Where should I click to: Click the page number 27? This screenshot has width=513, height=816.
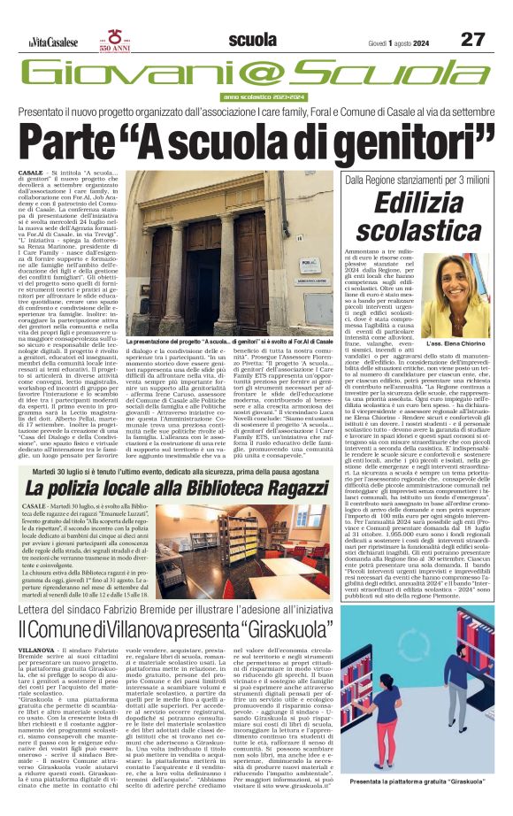(x=472, y=39)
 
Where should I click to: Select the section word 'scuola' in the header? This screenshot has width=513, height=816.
(x=252, y=39)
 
